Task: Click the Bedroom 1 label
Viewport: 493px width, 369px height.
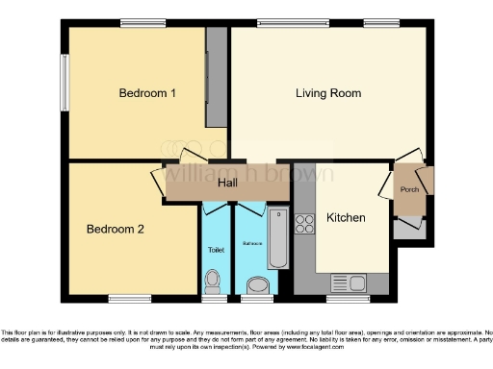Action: click(x=147, y=93)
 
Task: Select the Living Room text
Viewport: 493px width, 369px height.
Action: click(x=328, y=93)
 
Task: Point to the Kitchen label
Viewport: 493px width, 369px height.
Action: click(x=346, y=218)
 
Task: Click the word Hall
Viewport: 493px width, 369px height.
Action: click(x=227, y=183)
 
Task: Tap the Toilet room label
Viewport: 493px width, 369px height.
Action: click(x=216, y=249)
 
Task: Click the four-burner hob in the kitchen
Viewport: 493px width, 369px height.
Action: click(x=306, y=224)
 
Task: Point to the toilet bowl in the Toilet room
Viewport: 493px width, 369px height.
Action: click(x=214, y=282)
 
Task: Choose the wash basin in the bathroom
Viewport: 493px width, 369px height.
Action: click(x=255, y=284)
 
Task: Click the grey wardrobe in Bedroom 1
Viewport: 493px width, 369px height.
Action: click(x=217, y=77)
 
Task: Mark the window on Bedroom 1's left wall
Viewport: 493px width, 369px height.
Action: click(x=65, y=91)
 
